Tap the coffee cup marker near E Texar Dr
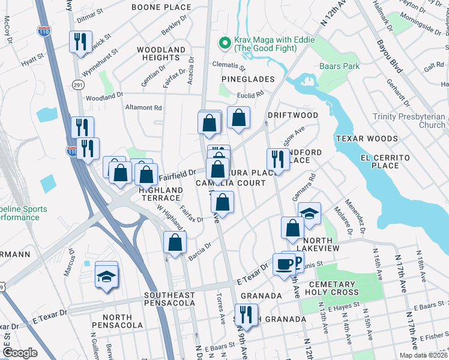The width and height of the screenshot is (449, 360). click(x=284, y=263)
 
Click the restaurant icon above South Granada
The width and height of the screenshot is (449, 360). click(x=246, y=314)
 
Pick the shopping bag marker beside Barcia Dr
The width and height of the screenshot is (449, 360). click(x=175, y=242)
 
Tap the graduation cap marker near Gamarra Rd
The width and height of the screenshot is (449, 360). click(x=309, y=214)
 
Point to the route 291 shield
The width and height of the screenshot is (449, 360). click(x=78, y=85)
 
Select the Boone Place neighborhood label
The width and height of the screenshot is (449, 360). click(x=161, y=8)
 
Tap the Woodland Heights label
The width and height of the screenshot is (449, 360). click(x=161, y=53)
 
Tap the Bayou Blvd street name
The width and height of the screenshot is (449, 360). click(x=388, y=56)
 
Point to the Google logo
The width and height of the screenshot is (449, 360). click(x=20, y=353)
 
